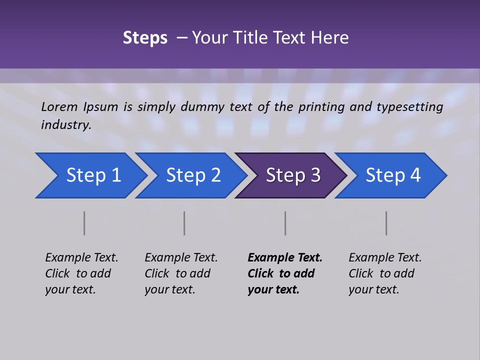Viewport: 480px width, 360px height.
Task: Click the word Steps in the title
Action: point(145,38)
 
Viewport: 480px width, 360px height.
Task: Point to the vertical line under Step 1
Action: point(84,223)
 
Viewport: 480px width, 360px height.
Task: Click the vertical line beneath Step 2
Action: point(184,223)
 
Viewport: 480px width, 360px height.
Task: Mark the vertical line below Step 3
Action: point(285,223)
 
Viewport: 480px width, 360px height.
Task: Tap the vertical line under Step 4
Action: point(386,223)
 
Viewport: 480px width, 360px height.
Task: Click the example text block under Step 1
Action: point(81,273)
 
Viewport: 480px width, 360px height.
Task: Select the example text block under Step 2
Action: point(181,273)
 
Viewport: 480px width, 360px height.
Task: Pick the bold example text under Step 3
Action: point(285,273)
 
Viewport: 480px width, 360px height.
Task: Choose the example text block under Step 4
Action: point(385,273)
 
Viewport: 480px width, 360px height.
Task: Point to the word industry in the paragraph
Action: point(65,124)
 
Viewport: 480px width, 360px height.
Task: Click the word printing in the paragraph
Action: point(320,107)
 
